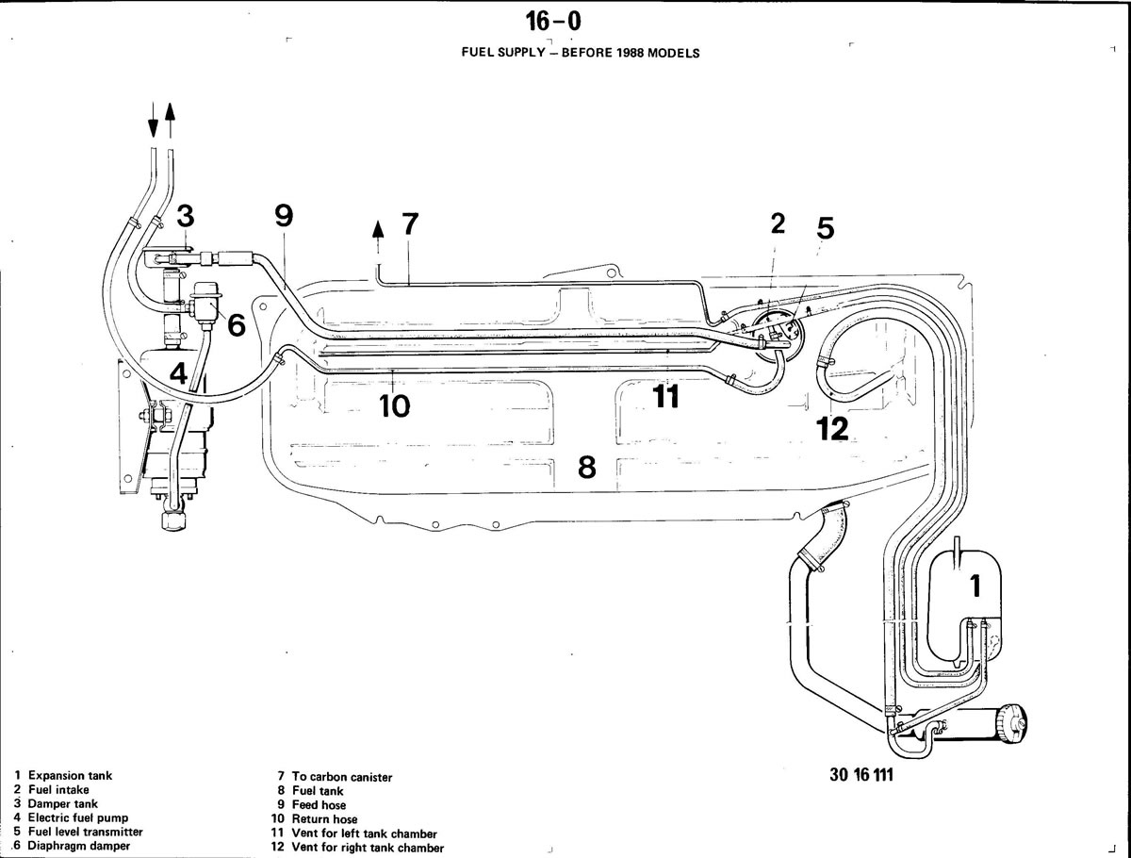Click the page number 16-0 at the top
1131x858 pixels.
553,22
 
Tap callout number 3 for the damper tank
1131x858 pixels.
186,216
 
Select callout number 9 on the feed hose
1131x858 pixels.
284,215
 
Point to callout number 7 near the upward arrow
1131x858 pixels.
410,223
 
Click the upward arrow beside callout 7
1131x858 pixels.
378,238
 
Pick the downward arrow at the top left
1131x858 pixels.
153,120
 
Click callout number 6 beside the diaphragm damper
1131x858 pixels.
237,325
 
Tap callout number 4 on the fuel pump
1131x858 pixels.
178,373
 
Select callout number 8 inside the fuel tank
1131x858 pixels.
587,467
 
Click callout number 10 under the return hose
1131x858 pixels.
395,405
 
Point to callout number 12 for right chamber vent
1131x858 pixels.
832,428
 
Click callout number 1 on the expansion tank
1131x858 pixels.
975,586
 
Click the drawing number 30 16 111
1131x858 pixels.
861,774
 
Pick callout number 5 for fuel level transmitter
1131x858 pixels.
825,228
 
